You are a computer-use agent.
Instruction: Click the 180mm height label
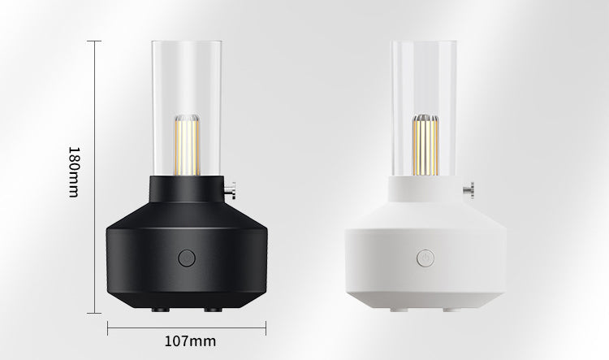click(74, 171)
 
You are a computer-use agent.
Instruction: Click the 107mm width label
click(190, 341)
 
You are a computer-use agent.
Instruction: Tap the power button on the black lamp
click(187, 258)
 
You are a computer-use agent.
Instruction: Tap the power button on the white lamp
click(425, 258)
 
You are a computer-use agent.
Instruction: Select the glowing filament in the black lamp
click(188, 148)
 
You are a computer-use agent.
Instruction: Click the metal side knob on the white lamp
click(469, 190)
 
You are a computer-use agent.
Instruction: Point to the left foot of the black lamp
click(161, 310)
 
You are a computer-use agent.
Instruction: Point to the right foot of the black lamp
click(213, 310)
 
